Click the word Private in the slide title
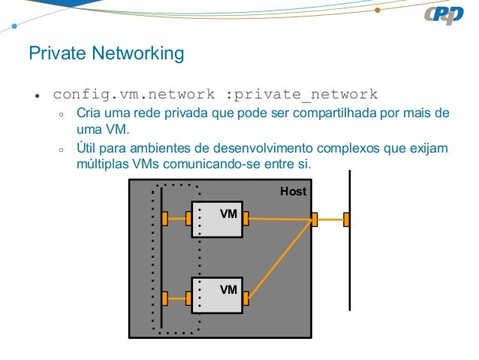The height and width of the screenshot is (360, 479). (x=53, y=55)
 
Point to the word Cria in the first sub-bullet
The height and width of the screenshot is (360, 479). (x=88, y=114)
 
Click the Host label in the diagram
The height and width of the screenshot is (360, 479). (x=293, y=192)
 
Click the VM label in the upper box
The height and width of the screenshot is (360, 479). (x=228, y=214)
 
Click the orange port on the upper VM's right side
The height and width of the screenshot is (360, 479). (x=246, y=219)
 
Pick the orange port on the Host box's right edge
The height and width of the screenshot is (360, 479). (x=315, y=219)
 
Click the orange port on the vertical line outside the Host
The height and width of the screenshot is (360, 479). (x=347, y=219)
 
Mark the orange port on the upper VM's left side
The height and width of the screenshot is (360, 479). (x=188, y=219)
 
